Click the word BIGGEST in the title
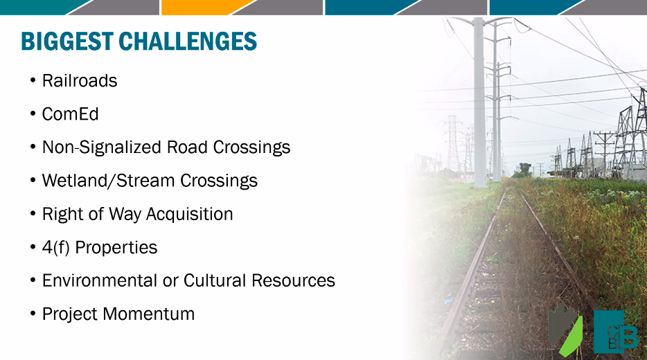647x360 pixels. (67, 42)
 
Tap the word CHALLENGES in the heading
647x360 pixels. (188, 42)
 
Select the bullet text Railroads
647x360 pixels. (80, 81)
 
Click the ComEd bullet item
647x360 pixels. (70, 114)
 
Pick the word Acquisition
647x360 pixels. (189, 215)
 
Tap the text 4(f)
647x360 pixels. (55, 247)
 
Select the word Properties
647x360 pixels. (116, 247)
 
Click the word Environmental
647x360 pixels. (100, 280)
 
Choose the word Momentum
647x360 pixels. (148, 314)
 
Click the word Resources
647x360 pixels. (293, 280)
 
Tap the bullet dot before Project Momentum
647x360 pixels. (33, 314)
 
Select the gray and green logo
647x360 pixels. (565, 329)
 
